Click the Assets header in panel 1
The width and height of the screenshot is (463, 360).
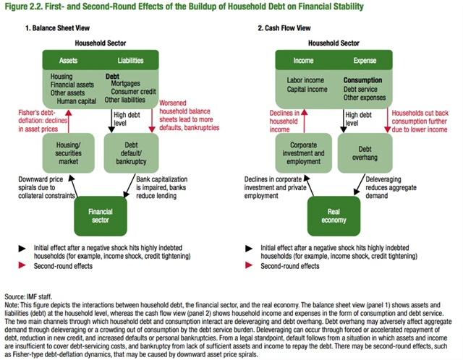(69, 61)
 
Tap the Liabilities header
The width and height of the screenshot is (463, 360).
(132, 61)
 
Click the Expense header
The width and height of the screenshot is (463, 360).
(365, 61)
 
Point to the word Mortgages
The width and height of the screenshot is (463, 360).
(127, 83)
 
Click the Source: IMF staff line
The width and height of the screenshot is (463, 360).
(25, 297)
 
